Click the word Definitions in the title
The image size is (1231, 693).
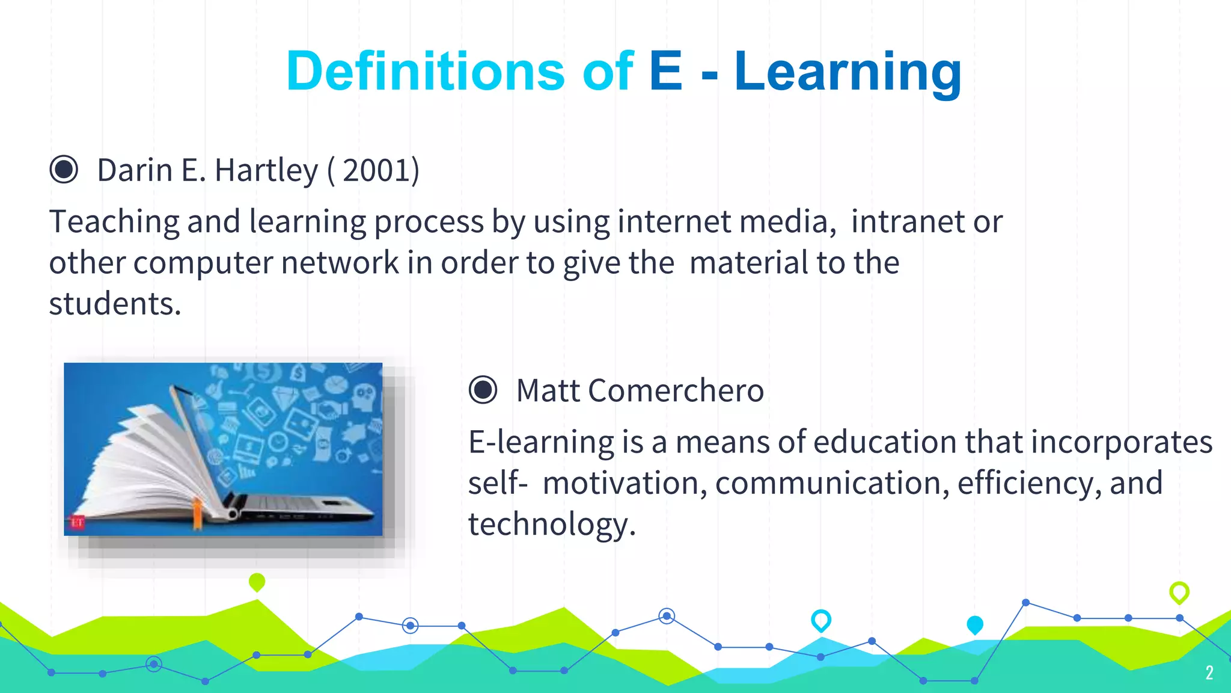[x=425, y=72]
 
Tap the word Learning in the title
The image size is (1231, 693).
[x=848, y=72]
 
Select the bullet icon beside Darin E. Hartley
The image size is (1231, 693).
[x=64, y=169]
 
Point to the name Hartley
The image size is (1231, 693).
[x=266, y=170]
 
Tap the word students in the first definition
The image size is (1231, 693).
[x=114, y=304]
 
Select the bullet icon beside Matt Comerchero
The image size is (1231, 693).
[x=483, y=390]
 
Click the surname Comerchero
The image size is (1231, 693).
[x=676, y=390]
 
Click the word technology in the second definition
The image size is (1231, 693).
[x=550, y=524]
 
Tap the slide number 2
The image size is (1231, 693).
[x=1209, y=673]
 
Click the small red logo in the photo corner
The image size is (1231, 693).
[x=78, y=522]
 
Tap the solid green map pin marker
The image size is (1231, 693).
[x=257, y=582]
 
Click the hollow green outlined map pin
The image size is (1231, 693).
[x=1179, y=592]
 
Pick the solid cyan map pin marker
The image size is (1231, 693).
[x=974, y=624]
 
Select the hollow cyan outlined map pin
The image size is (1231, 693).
[x=820, y=620]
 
